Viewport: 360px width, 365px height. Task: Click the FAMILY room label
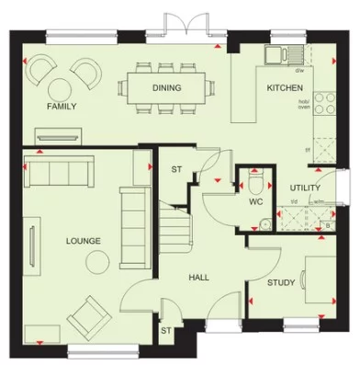(x=62, y=107)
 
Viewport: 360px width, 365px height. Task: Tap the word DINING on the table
(x=166, y=88)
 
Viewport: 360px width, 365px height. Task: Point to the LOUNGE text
(x=83, y=241)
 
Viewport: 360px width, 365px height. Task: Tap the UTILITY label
(x=304, y=188)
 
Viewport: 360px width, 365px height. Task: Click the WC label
(x=257, y=200)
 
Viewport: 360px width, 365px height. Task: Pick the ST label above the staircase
(x=177, y=169)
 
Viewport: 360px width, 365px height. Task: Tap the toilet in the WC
(x=257, y=177)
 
